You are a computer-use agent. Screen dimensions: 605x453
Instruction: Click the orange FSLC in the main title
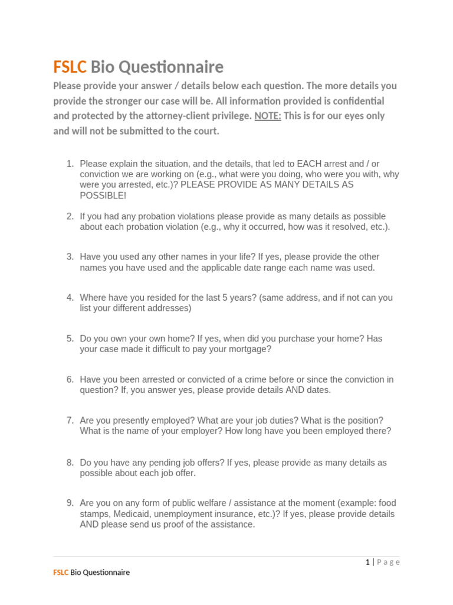pos(70,66)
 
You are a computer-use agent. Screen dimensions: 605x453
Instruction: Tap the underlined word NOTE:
pos(267,116)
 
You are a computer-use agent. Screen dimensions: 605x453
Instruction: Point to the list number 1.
pos(70,164)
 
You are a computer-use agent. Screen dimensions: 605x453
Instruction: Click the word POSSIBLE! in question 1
pos(103,196)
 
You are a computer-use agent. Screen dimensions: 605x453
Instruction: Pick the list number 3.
pos(70,257)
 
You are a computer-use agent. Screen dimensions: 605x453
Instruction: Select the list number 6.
pos(70,379)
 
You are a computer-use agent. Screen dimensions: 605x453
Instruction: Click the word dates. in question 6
pos(319,390)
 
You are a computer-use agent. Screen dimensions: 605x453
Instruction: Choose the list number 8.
pos(70,463)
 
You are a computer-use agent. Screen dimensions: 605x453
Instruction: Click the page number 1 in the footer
pos(367,562)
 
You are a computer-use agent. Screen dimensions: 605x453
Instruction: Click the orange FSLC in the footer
pos(61,573)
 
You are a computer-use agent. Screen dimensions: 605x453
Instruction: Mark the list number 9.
pos(70,503)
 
